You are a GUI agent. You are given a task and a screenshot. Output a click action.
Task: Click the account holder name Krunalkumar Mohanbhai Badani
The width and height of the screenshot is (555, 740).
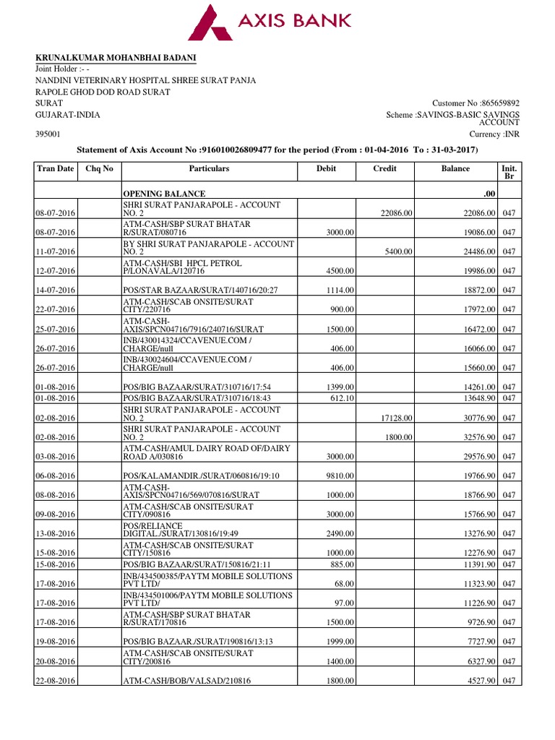point(116,58)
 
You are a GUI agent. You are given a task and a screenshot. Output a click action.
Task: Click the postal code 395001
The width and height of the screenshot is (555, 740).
point(48,134)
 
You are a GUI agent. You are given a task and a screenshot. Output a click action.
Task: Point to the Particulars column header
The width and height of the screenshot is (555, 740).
point(209,169)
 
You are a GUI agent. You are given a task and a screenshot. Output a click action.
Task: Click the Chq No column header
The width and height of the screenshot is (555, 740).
point(100,169)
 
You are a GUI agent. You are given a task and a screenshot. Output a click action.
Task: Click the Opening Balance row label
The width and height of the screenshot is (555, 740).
point(164,194)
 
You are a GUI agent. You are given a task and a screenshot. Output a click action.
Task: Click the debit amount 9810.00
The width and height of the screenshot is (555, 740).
point(339,476)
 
